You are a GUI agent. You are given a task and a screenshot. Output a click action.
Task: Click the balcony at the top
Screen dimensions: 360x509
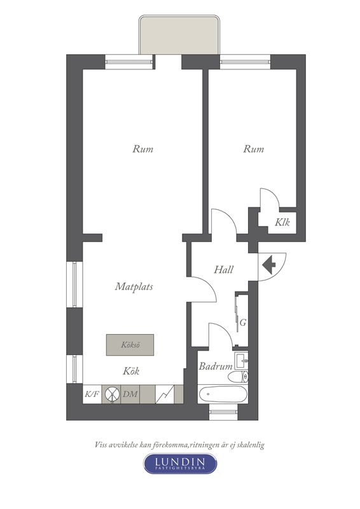pos(179,35)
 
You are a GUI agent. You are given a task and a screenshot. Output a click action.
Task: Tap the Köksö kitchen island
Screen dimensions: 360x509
pos(130,345)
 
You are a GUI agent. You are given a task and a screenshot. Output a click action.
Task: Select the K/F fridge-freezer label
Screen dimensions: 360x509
pos(92,394)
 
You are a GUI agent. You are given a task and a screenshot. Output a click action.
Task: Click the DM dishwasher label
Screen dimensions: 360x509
pos(130,394)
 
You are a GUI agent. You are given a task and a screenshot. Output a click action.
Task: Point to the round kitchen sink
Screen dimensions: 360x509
pos(111,394)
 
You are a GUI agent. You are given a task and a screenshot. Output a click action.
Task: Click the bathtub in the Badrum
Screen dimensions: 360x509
pos(223,394)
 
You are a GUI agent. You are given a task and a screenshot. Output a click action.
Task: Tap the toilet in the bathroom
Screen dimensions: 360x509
pos(239,377)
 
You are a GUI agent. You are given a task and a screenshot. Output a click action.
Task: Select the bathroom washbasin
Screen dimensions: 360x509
pos(242,361)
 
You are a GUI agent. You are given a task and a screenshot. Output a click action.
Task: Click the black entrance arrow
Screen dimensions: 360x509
pos(269,265)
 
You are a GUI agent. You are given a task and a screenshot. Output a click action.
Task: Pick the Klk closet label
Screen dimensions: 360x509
pos(282,223)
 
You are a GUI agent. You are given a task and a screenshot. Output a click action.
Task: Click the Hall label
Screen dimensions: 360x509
pos(224,270)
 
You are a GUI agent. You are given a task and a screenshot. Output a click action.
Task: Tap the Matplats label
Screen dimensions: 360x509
pos(134,287)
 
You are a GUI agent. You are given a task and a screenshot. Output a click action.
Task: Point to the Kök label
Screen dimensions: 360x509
pos(131,371)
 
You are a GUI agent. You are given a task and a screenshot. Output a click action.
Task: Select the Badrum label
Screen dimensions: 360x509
pos(216,366)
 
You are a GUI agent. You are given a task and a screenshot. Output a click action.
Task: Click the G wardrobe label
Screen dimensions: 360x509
pos(243,323)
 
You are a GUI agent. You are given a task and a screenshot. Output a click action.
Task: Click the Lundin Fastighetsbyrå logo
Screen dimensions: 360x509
pos(180,463)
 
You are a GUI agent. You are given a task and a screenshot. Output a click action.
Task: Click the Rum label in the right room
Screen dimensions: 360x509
pos(254,149)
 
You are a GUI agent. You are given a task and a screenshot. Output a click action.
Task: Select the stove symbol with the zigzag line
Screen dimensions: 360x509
pos(165,394)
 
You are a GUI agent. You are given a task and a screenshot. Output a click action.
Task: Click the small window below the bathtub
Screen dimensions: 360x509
pos(224,412)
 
